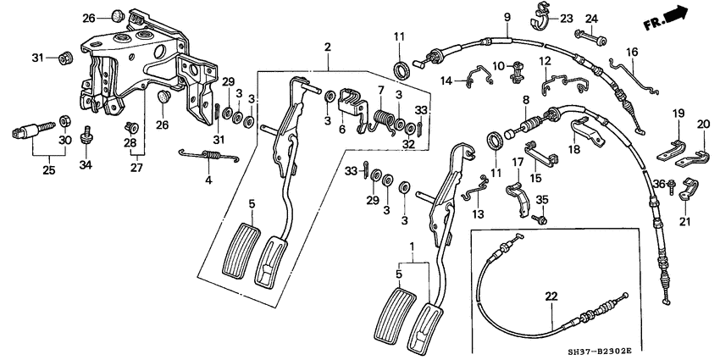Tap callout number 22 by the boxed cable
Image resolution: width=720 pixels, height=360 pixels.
click(551, 296)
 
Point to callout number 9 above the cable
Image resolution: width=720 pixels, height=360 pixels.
click(507, 17)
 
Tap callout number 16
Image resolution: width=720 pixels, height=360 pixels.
click(630, 53)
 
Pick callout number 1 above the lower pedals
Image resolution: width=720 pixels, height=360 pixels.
click(413, 246)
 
